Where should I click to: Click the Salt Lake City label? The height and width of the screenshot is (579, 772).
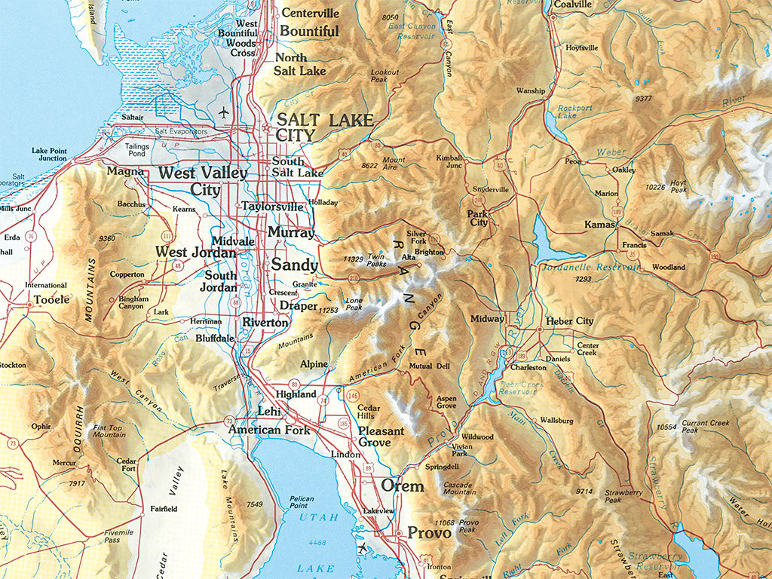[x=324, y=127]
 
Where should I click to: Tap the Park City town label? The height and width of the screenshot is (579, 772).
[x=478, y=218]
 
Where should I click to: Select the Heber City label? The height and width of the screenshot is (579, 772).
[x=570, y=320]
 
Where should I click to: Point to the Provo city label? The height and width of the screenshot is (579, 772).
[x=429, y=532]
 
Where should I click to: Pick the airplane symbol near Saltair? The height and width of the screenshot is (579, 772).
[x=223, y=112]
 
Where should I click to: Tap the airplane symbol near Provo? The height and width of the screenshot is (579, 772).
[x=365, y=547]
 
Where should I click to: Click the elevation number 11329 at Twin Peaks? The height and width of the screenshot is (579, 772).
[x=354, y=259]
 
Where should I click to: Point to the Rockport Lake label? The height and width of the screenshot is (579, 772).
[x=575, y=112]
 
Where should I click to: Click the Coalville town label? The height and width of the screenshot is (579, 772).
[x=572, y=5]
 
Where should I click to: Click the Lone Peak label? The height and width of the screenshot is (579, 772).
[x=354, y=304]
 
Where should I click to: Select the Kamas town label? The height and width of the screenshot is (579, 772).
[x=601, y=225]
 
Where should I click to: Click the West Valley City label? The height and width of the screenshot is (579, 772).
[x=202, y=181]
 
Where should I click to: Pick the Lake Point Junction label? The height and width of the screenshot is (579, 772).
[x=49, y=155]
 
